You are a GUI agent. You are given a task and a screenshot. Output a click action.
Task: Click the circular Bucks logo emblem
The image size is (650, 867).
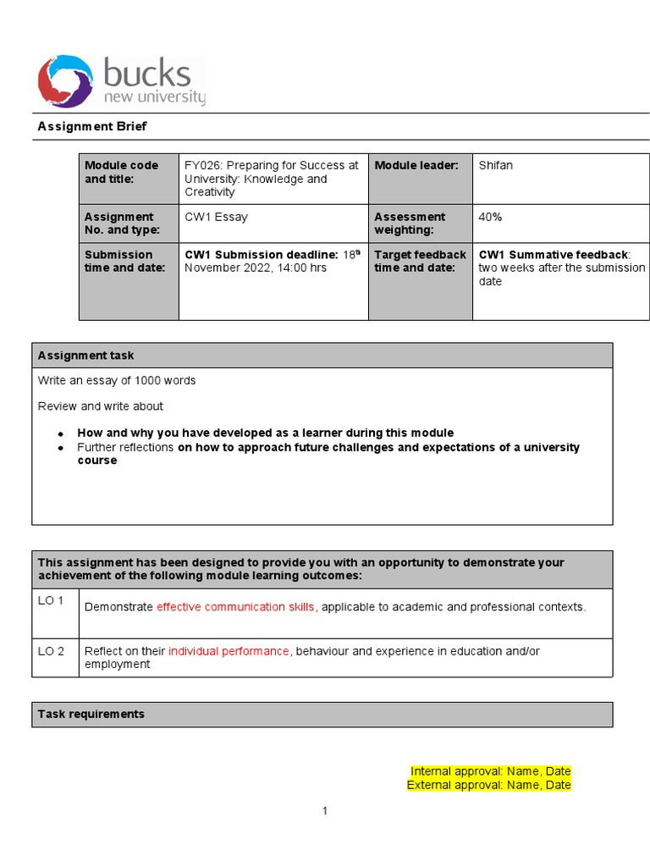(65, 81)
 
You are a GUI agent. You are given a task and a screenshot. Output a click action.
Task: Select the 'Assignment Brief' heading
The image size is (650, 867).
(92, 126)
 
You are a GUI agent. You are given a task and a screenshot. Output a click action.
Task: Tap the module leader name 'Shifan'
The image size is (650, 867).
(495, 165)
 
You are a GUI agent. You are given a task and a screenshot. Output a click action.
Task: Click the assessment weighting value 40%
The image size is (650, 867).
(490, 217)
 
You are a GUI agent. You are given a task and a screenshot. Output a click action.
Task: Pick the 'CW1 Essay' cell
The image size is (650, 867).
(216, 217)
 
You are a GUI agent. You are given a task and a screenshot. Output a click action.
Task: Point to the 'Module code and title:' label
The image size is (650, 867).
(121, 172)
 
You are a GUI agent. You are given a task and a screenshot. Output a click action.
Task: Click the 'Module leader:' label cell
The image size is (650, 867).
(416, 165)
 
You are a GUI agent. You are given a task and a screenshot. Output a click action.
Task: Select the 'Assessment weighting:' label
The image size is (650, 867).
(410, 224)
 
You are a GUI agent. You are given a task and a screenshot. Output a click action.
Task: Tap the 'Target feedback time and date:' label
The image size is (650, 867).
(420, 261)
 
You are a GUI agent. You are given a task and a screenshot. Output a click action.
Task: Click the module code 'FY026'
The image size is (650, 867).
(201, 165)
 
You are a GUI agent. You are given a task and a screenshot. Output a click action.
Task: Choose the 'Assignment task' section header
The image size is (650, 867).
(85, 356)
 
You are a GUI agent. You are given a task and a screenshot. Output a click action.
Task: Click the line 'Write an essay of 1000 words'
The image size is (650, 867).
(117, 380)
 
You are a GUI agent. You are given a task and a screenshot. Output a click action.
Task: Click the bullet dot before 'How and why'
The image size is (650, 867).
(61, 433)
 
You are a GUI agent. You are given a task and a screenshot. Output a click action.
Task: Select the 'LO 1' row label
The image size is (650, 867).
(51, 600)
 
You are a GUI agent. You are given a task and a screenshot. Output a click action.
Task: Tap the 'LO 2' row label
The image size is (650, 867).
(51, 650)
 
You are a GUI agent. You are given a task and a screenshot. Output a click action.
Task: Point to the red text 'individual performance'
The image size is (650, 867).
(229, 650)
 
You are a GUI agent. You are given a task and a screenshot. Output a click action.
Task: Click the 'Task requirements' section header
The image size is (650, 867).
(91, 714)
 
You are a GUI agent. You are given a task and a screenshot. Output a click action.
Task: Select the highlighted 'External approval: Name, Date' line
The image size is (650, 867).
(488, 785)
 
